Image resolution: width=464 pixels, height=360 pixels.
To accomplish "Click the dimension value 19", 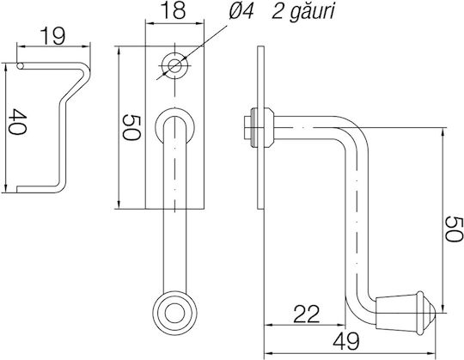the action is coord(52,36).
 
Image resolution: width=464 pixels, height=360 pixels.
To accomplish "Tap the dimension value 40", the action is coord(17,122).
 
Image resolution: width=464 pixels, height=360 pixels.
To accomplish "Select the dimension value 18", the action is coord(174,10).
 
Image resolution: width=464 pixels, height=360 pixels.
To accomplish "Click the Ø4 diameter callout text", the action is coord(241,12).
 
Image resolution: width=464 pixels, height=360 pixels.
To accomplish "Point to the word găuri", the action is coord(312,12).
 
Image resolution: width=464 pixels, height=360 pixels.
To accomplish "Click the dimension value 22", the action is coord(307,314).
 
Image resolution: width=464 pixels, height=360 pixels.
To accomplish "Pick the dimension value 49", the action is coord(346,341).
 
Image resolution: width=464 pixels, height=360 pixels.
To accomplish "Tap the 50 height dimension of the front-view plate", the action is coord(131,127).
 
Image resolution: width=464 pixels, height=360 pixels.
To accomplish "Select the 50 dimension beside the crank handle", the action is coord(454,229).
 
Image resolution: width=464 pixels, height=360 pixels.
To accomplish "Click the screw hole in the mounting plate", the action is coord(175,64).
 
